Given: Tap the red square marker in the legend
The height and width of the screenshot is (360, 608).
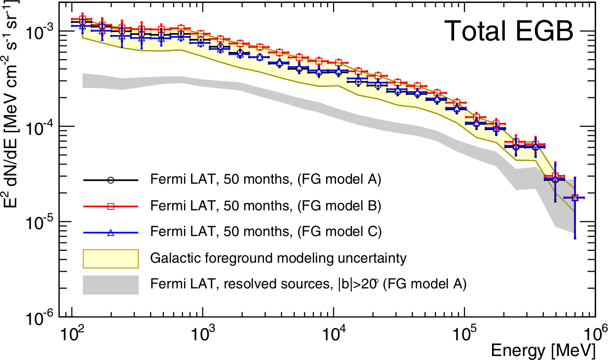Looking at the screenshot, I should click(111, 206).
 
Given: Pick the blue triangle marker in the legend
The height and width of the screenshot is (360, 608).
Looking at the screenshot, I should click(111, 232).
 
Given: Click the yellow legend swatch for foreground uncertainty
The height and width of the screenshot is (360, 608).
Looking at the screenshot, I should click(111, 258).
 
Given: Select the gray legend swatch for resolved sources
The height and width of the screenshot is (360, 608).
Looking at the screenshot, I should click(111, 284).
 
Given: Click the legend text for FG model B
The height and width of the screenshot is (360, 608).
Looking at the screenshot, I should click(266, 206).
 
